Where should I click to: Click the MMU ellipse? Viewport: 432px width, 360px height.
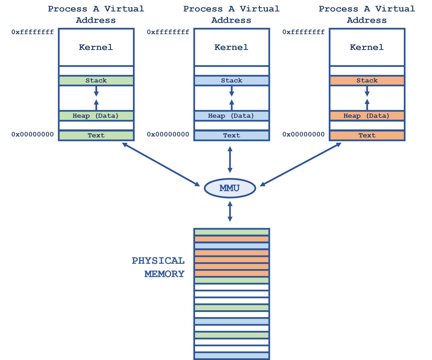pyautogui.click(x=230, y=188)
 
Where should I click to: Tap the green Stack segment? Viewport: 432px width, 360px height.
pyautogui.click(x=96, y=81)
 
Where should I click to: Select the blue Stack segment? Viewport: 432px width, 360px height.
pyautogui.click(x=231, y=81)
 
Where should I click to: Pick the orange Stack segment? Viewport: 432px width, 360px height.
pyautogui.click(x=367, y=81)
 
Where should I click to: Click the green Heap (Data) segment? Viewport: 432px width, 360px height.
pyautogui.click(x=96, y=116)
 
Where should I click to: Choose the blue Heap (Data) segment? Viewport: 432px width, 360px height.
pyautogui.click(x=231, y=116)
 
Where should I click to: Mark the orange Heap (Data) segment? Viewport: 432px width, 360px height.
pyautogui.click(x=367, y=116)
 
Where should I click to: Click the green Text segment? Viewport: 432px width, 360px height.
pyautogui.click(x=96, y=135)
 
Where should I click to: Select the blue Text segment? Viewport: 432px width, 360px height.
pyautogui.click(x=231, y=135)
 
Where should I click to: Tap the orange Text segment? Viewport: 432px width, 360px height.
pyautogui.click(x=367, y=135)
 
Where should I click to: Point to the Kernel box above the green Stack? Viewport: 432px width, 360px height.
pyautogui.click(x=96, y=47)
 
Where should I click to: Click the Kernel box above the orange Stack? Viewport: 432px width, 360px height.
pyautogui.click(x=367, y=47)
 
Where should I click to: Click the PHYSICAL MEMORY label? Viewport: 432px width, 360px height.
pyautogui.click(x=158, y=267)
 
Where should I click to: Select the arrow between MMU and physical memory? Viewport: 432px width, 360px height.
pyautogui.click(x=230, y=211)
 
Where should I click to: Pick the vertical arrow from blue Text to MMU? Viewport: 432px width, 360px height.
pyautogui.click(x=230, y=160)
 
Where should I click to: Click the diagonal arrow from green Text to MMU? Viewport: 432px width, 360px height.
pyautogui.click(x=161, y=164)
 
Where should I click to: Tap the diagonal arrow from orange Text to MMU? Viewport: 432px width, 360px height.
pyautogui.click(x=300, y=164)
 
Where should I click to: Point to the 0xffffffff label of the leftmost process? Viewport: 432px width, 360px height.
pyautogui.click(x=32, y=32)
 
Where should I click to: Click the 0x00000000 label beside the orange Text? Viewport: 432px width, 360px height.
pyautogui.click(x=303, y=134)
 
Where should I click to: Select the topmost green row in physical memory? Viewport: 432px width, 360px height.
pyautogui.click(x=231, y=232)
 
